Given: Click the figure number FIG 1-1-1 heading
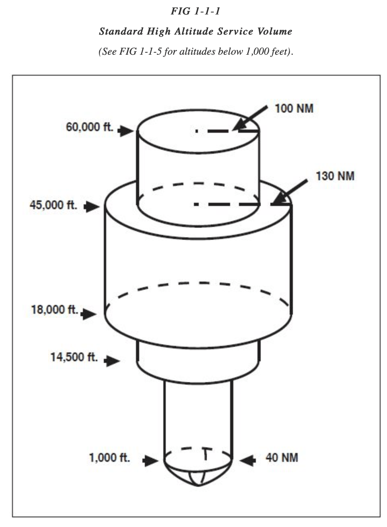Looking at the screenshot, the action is [x=195, y=11].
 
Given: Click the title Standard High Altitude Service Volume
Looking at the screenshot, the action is [x=196, y=31].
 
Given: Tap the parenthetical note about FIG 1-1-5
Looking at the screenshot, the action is [x=196, y=52].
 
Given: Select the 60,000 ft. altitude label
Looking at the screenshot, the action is [x=89, y=127].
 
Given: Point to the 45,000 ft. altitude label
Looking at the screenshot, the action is [x=53, y=205].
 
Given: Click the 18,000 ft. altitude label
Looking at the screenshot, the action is [x=54, y=310].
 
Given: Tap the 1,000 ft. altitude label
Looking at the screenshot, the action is [x=109, y=458].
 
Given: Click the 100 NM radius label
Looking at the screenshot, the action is [x=294, y=109].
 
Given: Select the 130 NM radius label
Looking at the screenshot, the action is [x=335, y=176].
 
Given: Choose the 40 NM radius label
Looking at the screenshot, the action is [x=282, y=458].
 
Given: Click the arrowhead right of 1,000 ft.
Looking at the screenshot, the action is [x=151, y=461].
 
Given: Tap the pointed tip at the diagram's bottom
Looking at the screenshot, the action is [x=198, y=484].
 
